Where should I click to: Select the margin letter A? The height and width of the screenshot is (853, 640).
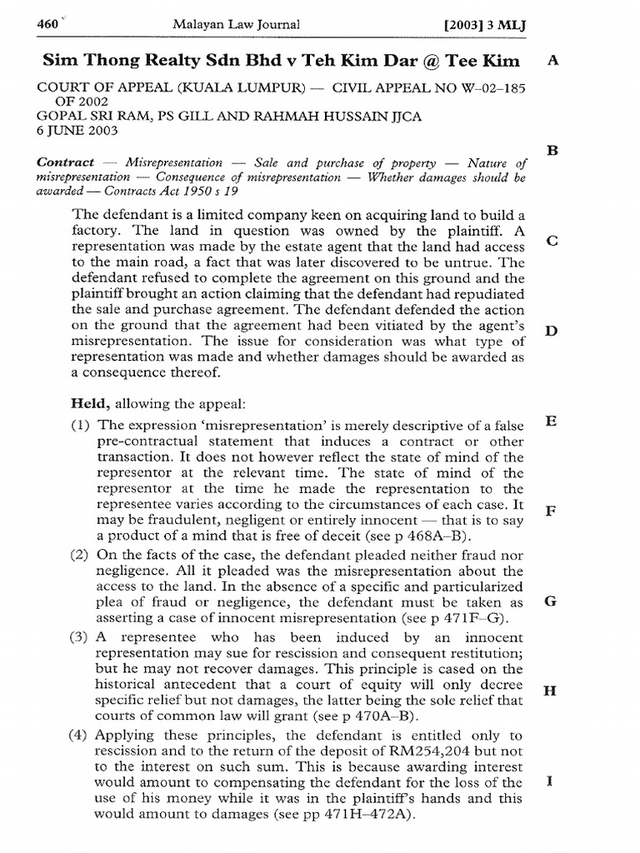click(550, 62)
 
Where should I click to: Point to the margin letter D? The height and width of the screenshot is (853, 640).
click(550, 332)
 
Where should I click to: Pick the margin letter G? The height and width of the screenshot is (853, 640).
click(550, 601)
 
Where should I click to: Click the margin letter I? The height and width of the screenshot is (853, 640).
click(550, 781)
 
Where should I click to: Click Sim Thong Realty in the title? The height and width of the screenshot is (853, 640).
click(121, 62)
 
